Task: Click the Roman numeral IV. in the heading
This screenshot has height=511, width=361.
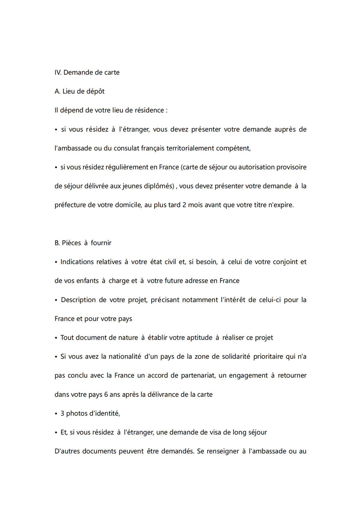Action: pos(58,73)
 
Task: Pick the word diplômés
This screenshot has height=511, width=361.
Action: pos(159,186)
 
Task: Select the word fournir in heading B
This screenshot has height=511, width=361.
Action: pos(101,243)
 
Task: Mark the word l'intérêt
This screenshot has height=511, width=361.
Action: pos(233,300)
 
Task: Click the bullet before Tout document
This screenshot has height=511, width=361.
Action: pos(56,338)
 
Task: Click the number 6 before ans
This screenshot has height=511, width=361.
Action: pos(106,395)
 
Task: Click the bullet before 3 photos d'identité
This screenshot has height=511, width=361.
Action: pos(56,414)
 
